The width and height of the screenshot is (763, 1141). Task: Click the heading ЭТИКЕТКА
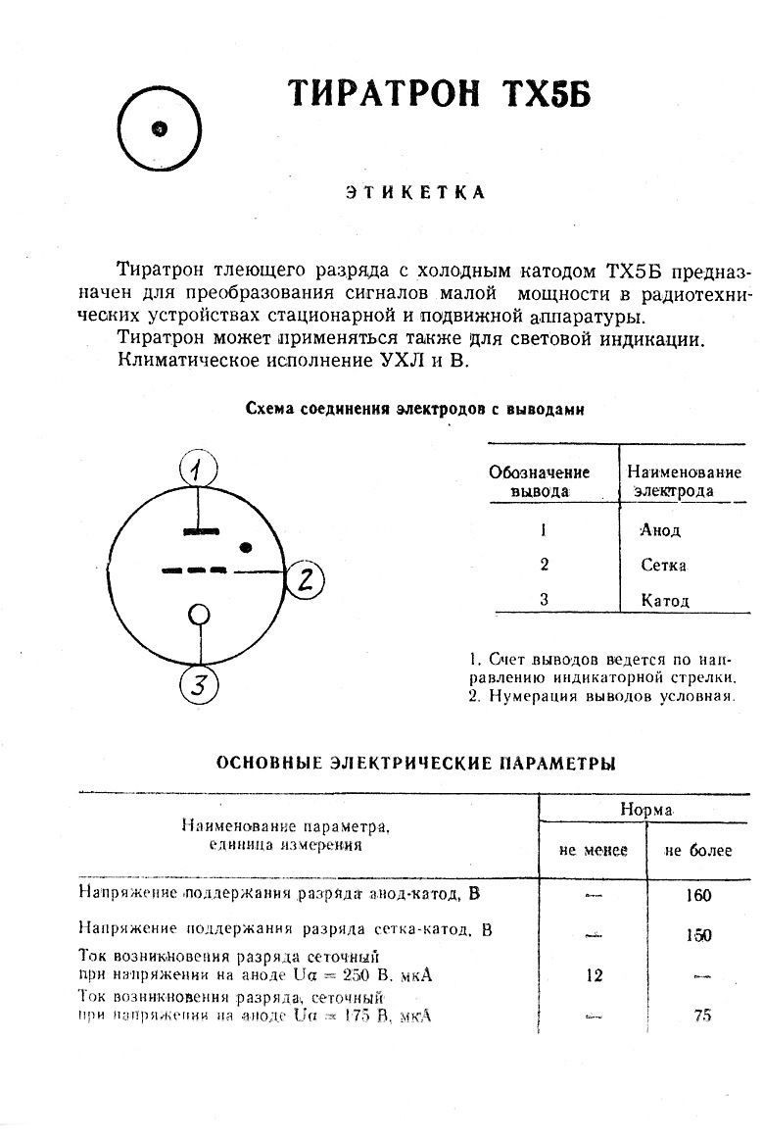414,192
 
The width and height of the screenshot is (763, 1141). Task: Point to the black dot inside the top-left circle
160,128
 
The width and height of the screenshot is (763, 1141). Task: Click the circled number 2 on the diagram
305,579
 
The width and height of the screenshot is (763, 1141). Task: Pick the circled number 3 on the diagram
199,685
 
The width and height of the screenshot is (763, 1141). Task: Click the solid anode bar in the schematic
200,531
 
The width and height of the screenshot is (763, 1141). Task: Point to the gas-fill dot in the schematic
247,545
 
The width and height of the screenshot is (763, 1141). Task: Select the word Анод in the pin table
660,530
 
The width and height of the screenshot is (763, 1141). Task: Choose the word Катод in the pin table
665,600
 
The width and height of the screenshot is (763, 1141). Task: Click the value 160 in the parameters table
699,895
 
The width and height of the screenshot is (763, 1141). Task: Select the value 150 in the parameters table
699,935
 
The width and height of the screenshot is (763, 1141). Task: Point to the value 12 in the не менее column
594,975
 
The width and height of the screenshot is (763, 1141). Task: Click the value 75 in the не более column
701,1016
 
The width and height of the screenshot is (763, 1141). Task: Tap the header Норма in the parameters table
645,810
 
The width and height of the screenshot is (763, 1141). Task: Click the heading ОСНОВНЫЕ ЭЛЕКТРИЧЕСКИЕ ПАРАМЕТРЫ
415,763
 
